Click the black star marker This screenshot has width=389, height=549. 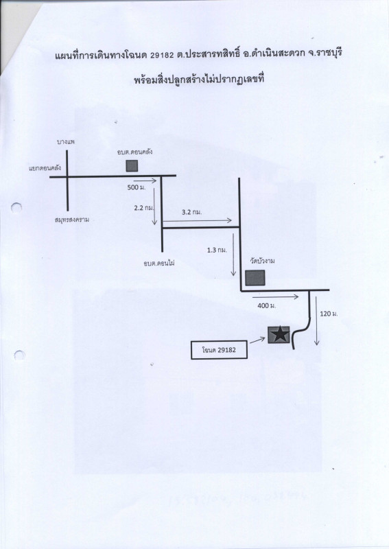[x=279, y=335]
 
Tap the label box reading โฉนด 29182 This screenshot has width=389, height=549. [x=219, y=349]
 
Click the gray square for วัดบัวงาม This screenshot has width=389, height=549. [x=255, y=278]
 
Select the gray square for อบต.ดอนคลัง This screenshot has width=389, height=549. [x=132, y=166]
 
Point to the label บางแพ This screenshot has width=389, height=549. [x=66, y=142]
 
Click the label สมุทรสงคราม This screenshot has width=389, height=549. [x=72, y=220]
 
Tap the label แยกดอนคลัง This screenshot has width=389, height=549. [x=45, y=167]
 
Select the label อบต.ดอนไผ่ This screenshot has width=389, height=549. [x=159, y=263]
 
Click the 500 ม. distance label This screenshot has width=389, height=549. [x=137, y=187]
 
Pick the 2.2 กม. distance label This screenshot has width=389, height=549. [x=144, y=208]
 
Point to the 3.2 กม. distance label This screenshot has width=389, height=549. [x=192, y=212]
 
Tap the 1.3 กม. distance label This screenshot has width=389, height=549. [x=217, y=250]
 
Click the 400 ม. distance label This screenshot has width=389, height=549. [x=267, y=305]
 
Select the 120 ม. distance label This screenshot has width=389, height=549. [x=329, y=314]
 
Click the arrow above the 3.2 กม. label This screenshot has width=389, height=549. [x=198, y=220]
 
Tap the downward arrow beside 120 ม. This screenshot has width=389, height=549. [x=316, y=321]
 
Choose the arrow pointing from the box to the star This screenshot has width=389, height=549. [x=257, y=340]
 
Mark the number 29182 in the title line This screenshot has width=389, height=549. [x=161, y=56]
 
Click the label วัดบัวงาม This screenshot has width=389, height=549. [x=262, y=261]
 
